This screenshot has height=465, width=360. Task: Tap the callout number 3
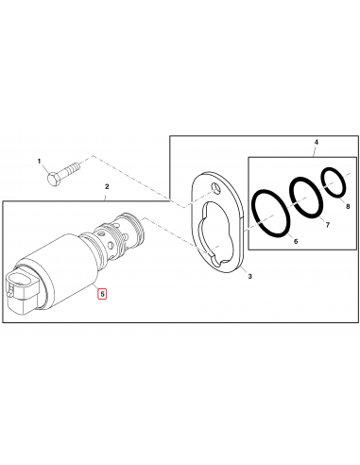coord(249,278)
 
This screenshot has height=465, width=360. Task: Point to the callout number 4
coord(316,143)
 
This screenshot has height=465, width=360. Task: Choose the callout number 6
coord(296,244)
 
